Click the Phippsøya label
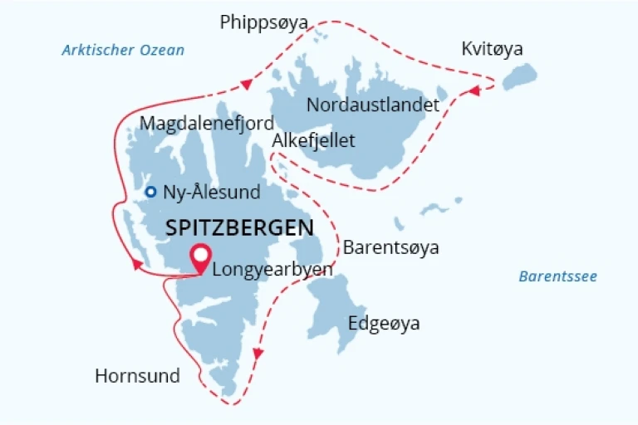click(264, 22)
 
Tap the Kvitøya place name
click(493, 50)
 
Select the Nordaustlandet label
click(373, 105)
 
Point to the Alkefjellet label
click(314, 140)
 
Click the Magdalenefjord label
click(207, 124)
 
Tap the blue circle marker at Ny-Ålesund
click(150, 192)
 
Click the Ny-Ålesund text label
click(213, 193)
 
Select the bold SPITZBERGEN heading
click(239, 227)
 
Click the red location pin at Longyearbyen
click(200, 258)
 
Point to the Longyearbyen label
click(272, 269)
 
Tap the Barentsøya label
click(391, 247)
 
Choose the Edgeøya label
click(384, 324)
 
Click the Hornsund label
click(137, 376)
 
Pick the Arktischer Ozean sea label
click(123, 51)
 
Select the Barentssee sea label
click(558, 276)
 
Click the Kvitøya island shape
click(520, 77)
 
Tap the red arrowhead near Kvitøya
click(473, 90)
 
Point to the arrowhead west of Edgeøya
click(258, 354)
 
